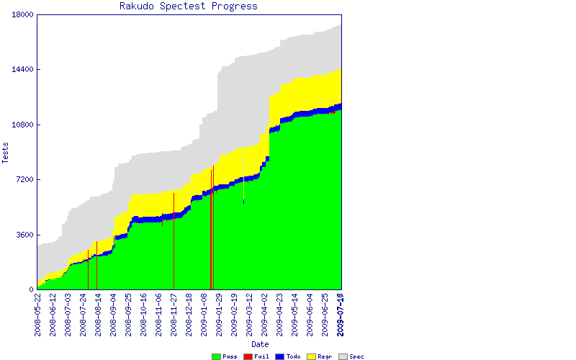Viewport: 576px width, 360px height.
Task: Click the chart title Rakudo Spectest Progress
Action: (189, 6)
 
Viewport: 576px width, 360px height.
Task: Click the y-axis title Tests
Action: (6, 152)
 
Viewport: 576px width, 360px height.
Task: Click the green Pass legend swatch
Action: (216, 356)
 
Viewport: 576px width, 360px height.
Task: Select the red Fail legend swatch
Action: (248, 356)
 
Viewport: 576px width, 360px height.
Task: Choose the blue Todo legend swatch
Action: (279, 356)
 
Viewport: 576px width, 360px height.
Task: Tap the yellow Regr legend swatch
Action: (311, 356)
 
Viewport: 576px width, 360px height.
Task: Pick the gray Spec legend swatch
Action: (343, 356)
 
